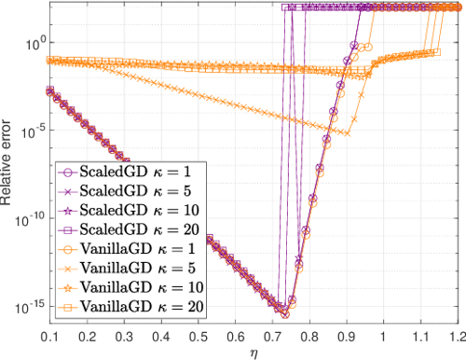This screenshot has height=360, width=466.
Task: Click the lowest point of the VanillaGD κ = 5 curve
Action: (x=347, y=132)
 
